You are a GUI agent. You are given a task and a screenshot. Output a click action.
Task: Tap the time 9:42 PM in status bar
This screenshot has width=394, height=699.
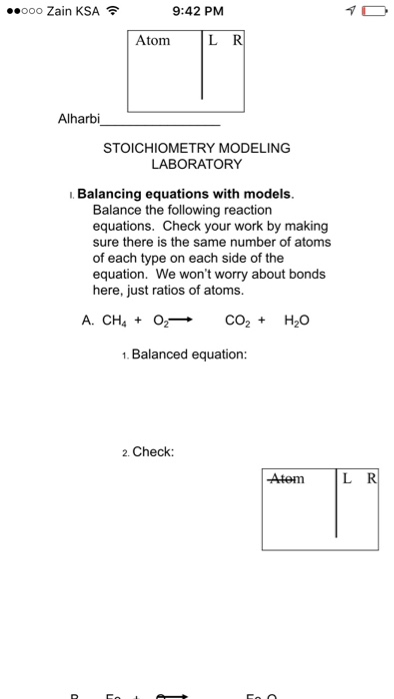(x=197, y=12)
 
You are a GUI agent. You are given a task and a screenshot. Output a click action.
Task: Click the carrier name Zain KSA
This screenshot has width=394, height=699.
(x=71, y=12)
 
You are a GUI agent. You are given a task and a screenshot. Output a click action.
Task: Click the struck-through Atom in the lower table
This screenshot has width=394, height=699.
(x=287, y=478)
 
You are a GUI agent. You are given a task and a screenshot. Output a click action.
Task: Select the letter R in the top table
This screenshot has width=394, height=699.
(x=238, y=41)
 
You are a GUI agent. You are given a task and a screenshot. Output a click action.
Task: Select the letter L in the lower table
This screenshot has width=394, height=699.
(x=346, y=478)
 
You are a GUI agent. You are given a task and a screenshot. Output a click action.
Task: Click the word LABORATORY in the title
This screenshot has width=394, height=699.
(x=197, y=163)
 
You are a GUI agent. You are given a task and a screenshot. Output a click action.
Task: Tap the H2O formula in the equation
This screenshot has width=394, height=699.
(x=297, y=321)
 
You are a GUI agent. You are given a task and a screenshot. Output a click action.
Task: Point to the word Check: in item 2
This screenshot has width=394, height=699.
(x=153, y=451)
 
